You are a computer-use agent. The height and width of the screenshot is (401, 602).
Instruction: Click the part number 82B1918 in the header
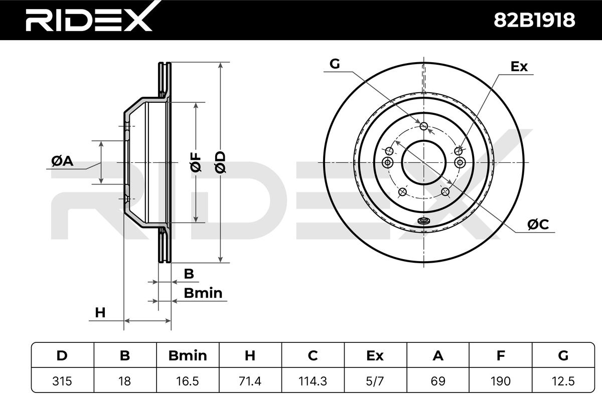534,20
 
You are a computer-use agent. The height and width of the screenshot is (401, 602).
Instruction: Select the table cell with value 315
62,381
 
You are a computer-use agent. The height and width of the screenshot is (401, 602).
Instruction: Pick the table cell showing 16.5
188,381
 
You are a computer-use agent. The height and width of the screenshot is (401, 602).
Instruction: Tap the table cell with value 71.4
250,381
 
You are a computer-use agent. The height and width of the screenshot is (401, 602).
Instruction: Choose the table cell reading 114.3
313,381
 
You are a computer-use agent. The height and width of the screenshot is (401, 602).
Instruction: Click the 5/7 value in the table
375,381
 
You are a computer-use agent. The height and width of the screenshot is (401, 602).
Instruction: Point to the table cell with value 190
501,381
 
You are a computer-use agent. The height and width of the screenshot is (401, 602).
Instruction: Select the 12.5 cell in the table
563,381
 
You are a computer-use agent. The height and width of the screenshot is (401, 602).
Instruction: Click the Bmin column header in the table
188,355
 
